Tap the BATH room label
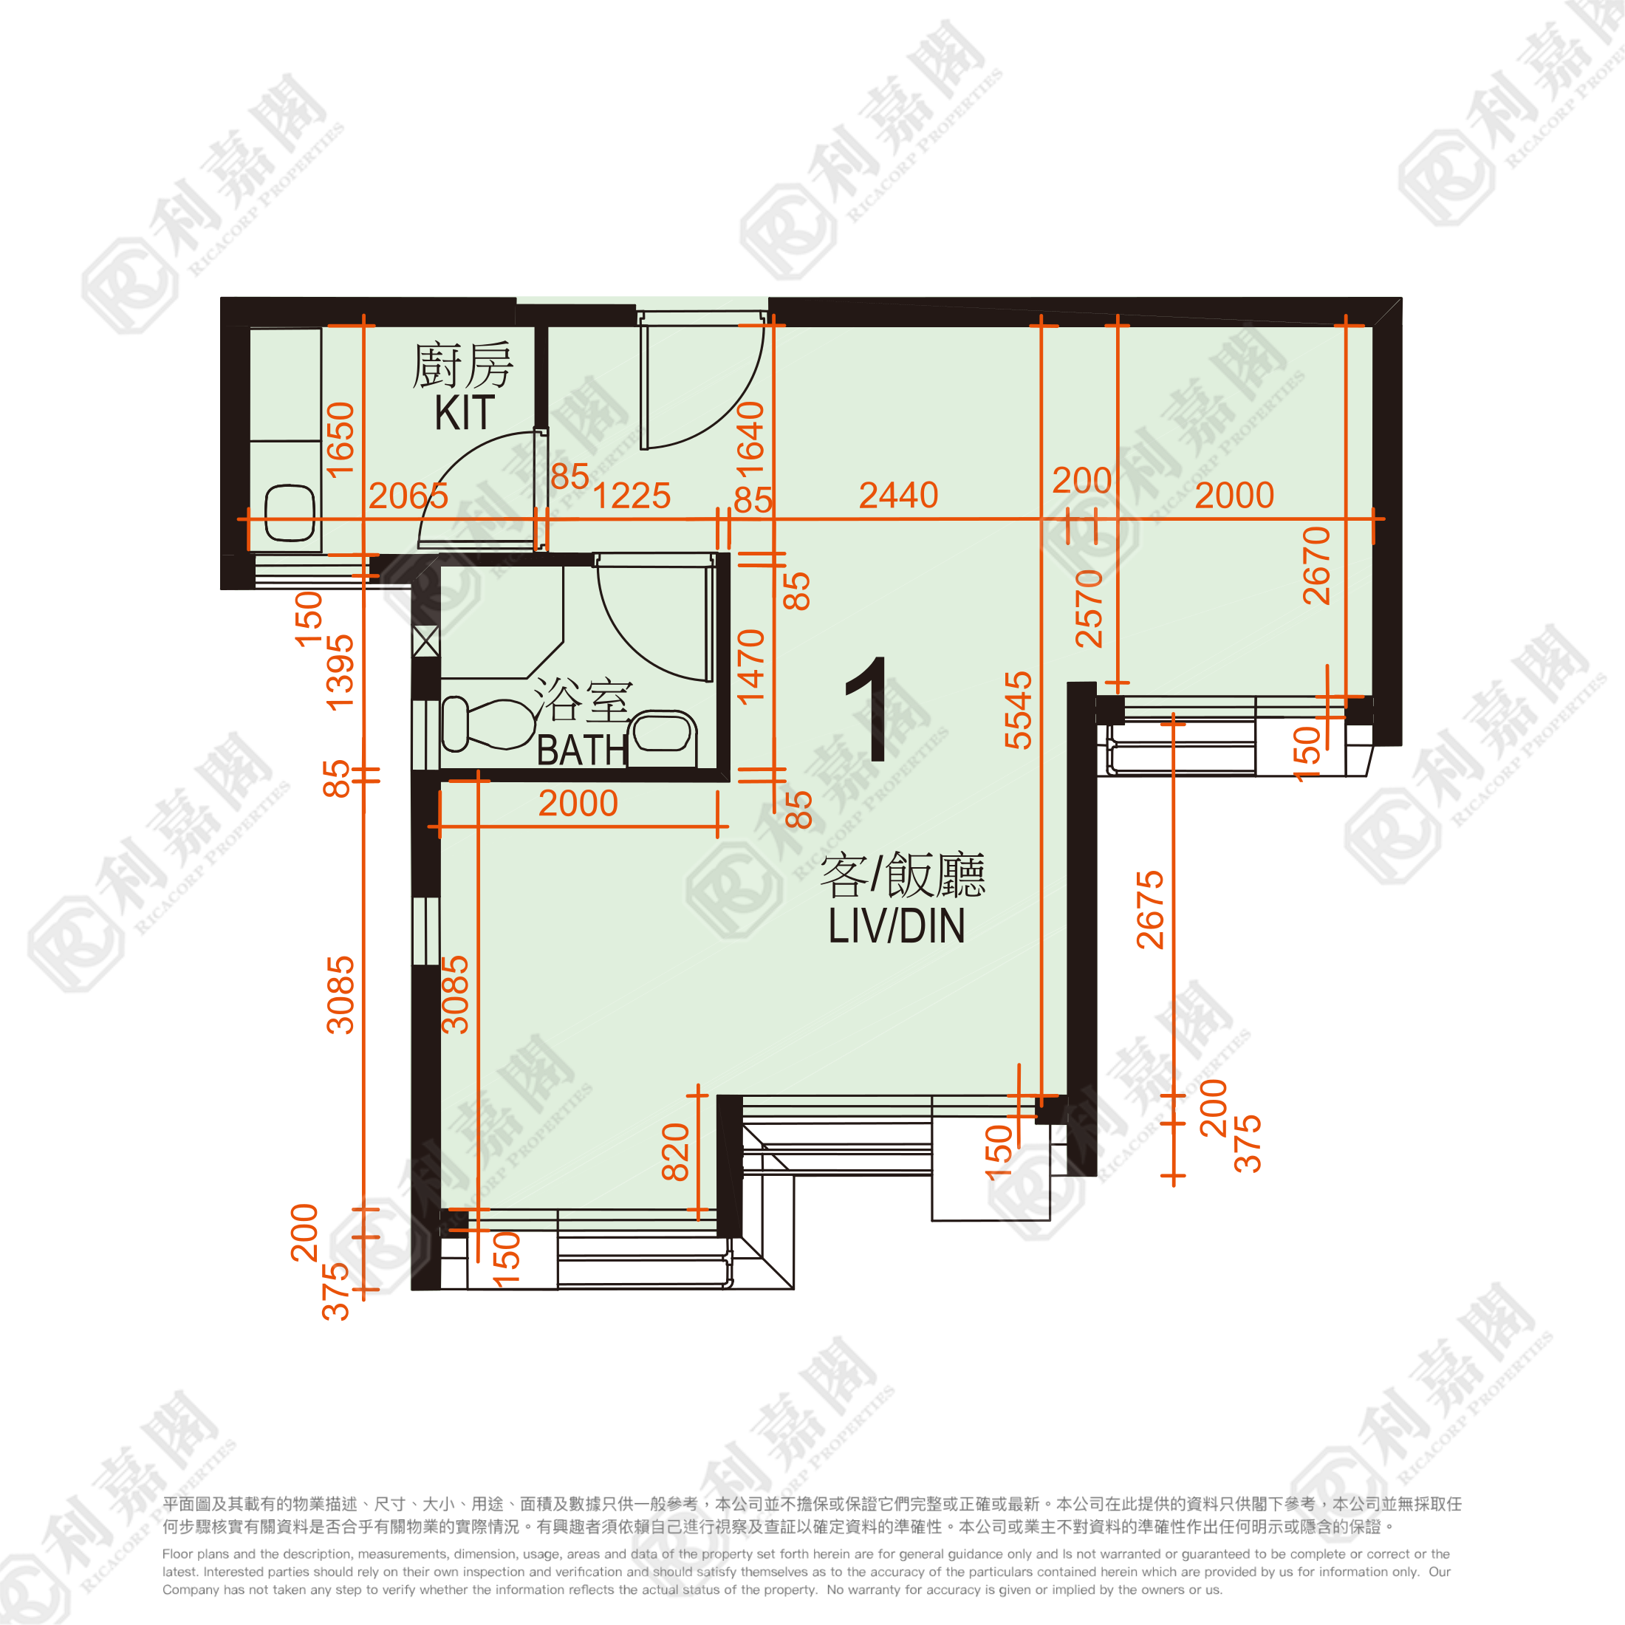point(582,750)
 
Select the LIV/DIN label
point(896,926)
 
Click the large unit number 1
point(868,709)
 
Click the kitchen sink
point(290,513)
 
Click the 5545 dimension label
point(1019,710)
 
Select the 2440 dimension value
point(898,495)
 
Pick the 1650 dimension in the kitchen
point(341,439)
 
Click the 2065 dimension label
point(408,496)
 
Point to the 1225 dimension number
point(632,496)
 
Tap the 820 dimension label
point(675,1152)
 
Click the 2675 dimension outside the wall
point(1150,909)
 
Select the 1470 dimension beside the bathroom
point(750,666)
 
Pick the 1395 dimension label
point(340,672)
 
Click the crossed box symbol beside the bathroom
point(425,642)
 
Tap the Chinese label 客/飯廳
point(903,875)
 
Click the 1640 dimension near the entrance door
point(750,439)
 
